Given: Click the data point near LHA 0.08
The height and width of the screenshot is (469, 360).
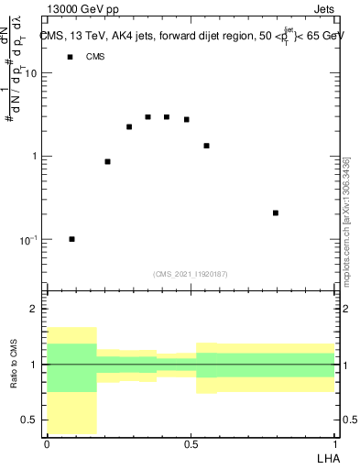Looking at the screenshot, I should click(x=72, y=239).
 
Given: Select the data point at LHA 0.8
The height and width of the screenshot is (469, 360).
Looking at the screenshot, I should click(x=276, y=213).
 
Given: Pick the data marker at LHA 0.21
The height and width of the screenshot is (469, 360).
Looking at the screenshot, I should click(x=108, y=161).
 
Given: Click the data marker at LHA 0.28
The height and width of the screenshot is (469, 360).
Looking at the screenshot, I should click(x=129, y=126).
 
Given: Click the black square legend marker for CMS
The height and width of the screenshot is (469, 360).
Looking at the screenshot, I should click(x=70, y=57).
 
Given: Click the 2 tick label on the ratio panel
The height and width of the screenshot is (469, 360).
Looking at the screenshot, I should click(x=34, y=310).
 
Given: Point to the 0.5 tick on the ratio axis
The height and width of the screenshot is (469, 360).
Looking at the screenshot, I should click(x=29, y=420).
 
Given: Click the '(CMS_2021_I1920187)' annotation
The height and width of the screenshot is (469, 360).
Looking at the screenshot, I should click(x=190, y=273).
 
